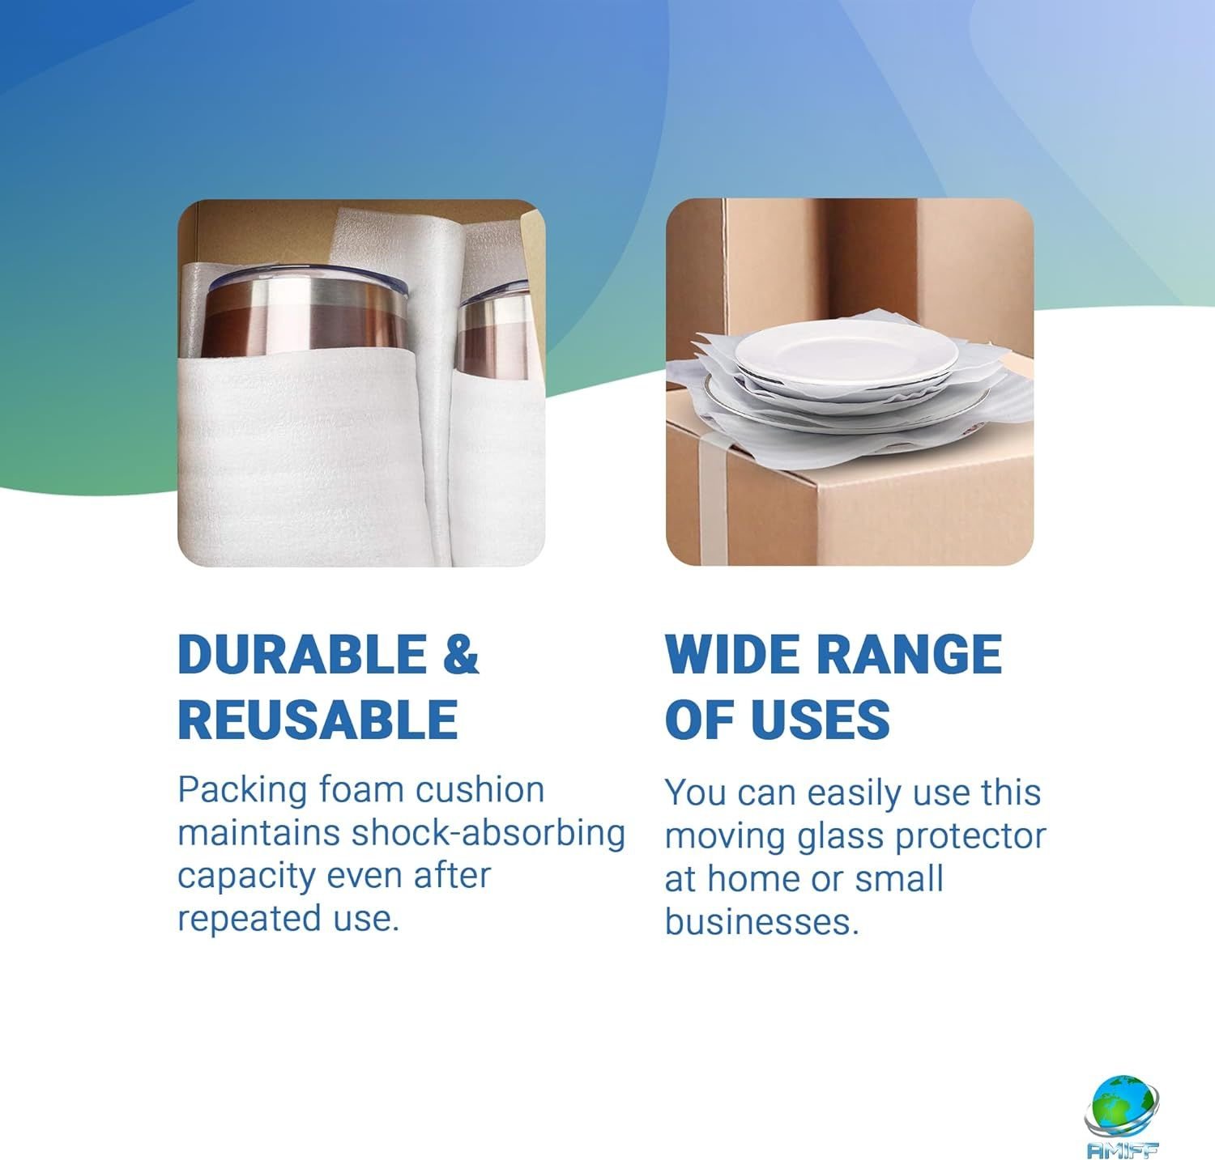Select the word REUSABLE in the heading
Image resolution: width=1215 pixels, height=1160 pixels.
click(x=318, y=719)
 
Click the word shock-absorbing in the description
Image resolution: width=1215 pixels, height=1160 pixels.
click(x=488, y=834)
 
